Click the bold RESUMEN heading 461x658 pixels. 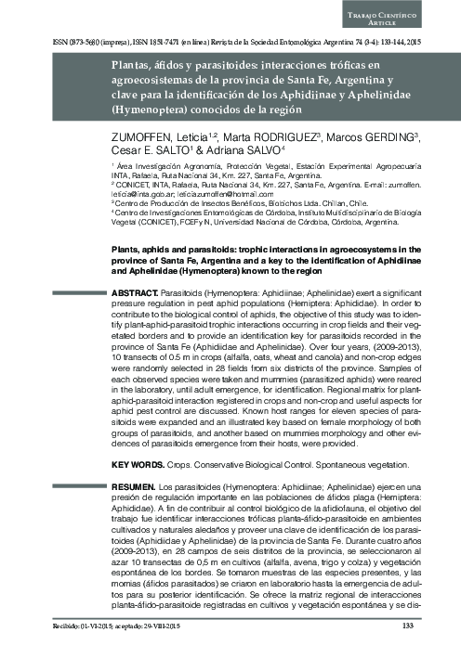click(x=126, y=485)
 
